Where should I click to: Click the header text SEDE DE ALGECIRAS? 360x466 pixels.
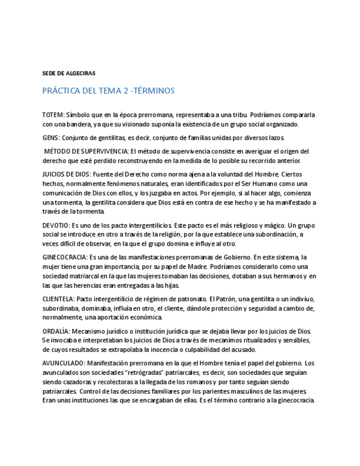coord(69,73)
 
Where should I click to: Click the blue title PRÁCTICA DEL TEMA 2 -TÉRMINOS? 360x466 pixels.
coord(108,91)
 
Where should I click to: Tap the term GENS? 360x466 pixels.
coord(51,137)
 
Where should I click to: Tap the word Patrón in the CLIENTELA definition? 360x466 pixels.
coord(229,299)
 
